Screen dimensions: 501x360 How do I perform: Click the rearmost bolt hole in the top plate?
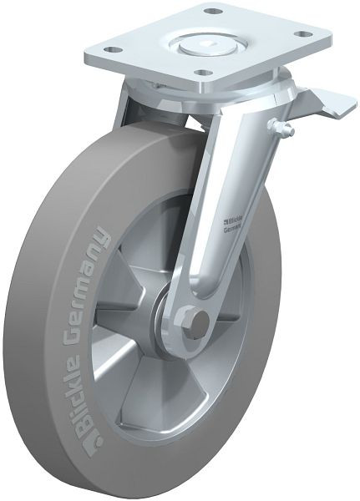coord(213,12)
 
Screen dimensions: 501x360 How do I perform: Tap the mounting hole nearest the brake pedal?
coord(304,34)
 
